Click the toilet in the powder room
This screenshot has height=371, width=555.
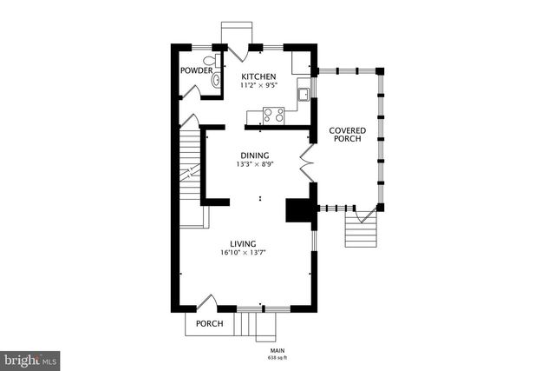point(212,60)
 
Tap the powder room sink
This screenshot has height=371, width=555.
point(216,80)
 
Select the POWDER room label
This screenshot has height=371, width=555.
point(197,70)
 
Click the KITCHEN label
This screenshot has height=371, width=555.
point(258,76)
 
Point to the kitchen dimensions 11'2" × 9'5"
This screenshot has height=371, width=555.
point(258,85)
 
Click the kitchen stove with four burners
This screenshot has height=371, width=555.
point(274,116)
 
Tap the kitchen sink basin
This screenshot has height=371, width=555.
point(304,95)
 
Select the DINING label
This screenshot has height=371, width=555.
point(255,156)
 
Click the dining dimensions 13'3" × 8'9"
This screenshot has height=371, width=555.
point(255,164)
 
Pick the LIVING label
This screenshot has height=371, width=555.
point(243,244)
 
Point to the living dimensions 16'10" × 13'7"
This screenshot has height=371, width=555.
point(243,253)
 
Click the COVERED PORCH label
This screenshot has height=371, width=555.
point(347,135)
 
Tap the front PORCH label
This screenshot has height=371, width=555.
point(210,324)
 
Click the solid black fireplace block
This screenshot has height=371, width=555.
point(298,210)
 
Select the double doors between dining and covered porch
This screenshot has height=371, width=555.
point(306,163)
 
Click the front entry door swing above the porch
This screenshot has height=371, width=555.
point(206,303)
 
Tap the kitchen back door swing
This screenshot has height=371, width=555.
point(238,53)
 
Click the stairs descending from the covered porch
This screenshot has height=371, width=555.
point(361,229)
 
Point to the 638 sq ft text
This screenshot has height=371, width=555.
point(277,358)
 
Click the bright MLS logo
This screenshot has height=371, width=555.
point(29,361)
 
